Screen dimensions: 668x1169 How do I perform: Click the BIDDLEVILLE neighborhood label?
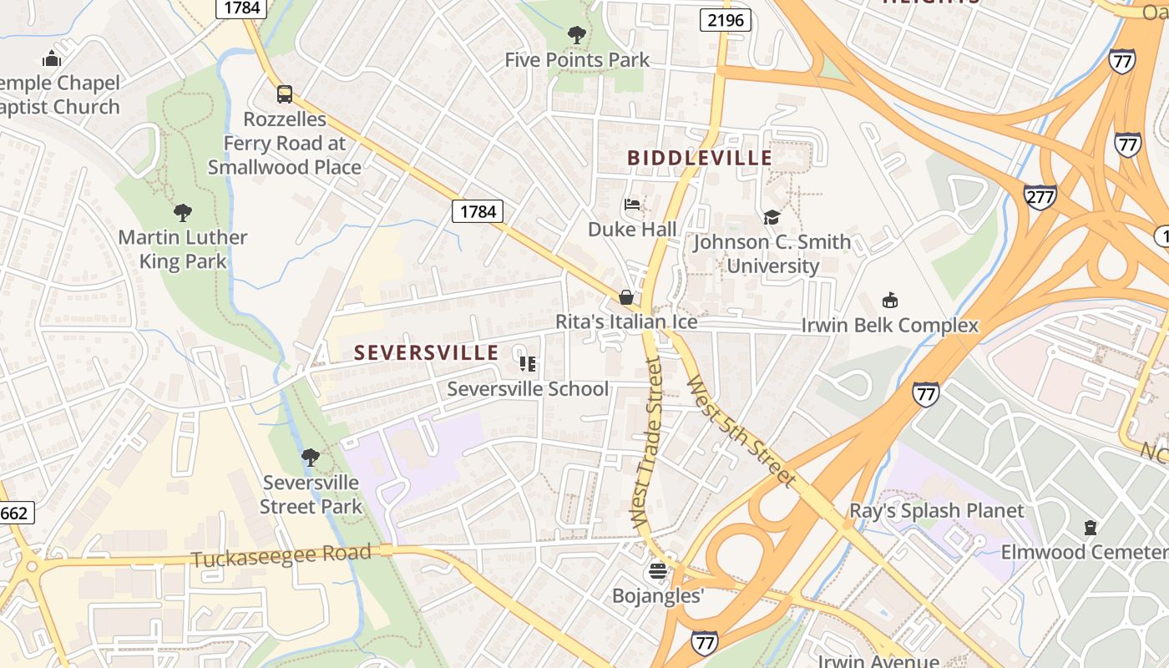(x=700, y=158)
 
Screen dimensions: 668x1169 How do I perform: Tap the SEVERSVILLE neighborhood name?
(x=426, y=353)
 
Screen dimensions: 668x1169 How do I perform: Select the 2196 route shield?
(x=725, y=21)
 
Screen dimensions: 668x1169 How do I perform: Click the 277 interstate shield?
(x=1040, y=197)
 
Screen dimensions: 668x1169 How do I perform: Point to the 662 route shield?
(x=14, y=513)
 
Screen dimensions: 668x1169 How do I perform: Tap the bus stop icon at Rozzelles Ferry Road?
(x=285, y=94)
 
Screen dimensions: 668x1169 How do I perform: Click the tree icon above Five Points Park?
(x=576, y=35)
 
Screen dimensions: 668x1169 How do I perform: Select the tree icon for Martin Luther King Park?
(x=182, y=213)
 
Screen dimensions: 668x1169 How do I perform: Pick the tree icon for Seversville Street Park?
(x=311, y=458)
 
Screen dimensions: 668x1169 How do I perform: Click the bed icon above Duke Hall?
(x=632, y=205)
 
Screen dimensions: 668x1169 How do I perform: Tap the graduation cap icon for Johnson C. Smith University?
(x=771, y=217)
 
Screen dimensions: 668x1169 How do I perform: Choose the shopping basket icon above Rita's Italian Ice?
(x=625, y=297)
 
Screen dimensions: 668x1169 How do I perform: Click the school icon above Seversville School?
(x=527, y=364)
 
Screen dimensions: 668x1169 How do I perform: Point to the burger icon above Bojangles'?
(x=658, y=571)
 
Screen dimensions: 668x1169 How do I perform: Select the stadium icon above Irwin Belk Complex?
(x=890, y=301)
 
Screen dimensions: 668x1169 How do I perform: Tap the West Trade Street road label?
(x=647, y=443)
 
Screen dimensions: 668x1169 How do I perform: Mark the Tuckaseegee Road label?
(x=281, y=556)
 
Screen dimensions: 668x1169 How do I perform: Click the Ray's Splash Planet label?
(x=936, y=510)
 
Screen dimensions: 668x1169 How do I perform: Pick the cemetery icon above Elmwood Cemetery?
(x=1090, y=528)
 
